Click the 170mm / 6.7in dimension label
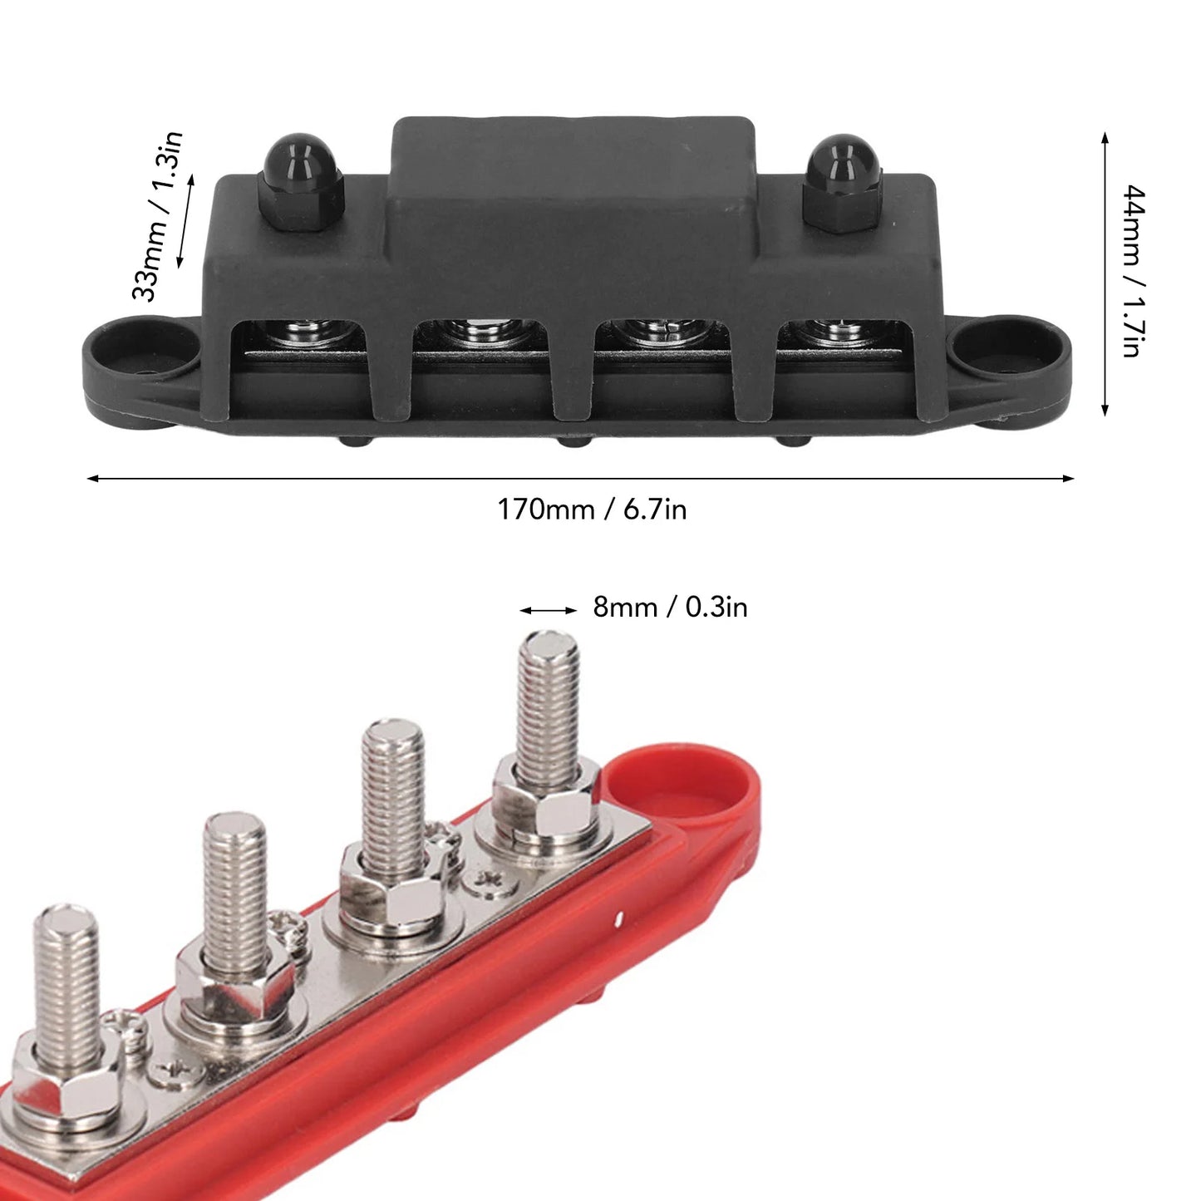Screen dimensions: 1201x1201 [x=592, y=509]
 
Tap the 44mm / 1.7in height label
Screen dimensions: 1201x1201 [x=1135, y=272]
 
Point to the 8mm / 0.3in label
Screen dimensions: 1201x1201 [x=670, y=608]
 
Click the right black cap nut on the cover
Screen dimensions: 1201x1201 [x=842, y=185]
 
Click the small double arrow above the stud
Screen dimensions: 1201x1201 [x=548, y=610]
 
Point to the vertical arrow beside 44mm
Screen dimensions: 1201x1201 [x=1104, y=273]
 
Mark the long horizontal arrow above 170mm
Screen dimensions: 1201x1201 [x=580, y=479]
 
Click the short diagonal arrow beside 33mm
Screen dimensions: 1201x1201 [x=186, y=220]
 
